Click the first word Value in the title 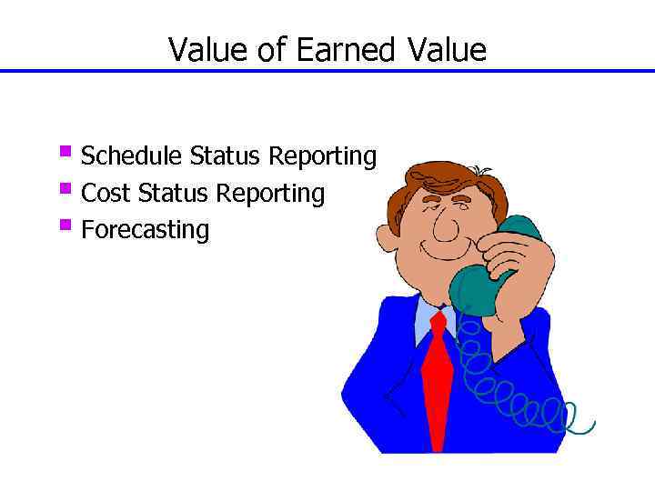209,50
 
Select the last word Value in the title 446,50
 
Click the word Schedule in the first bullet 133,157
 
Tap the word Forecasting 145,230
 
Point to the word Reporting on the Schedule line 322,157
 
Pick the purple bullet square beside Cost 65,189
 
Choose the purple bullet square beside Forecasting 65,225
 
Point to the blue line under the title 327,71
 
